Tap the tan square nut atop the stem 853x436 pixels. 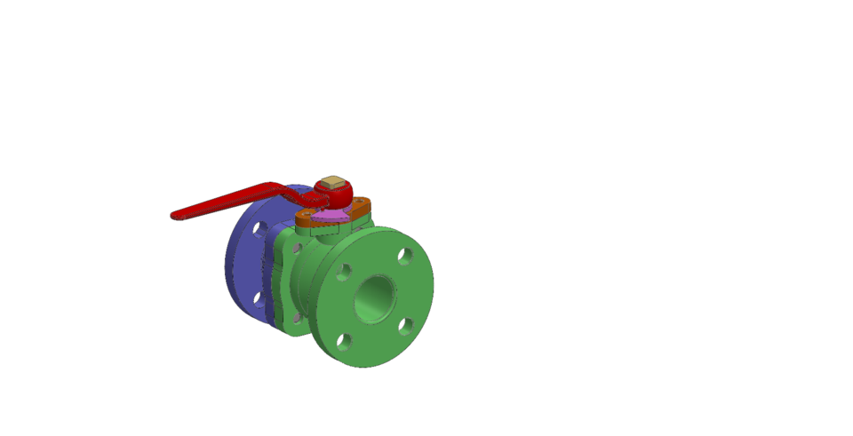coord(332,182)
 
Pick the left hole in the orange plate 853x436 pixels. coord(307,214)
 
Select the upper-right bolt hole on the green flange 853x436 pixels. coord(405,257)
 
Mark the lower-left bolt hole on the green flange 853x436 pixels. coord(345,340)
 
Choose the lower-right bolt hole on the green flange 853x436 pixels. coord(406,326)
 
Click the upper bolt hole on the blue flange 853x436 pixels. coord(259,230)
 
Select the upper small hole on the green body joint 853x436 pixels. coord(296,247)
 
